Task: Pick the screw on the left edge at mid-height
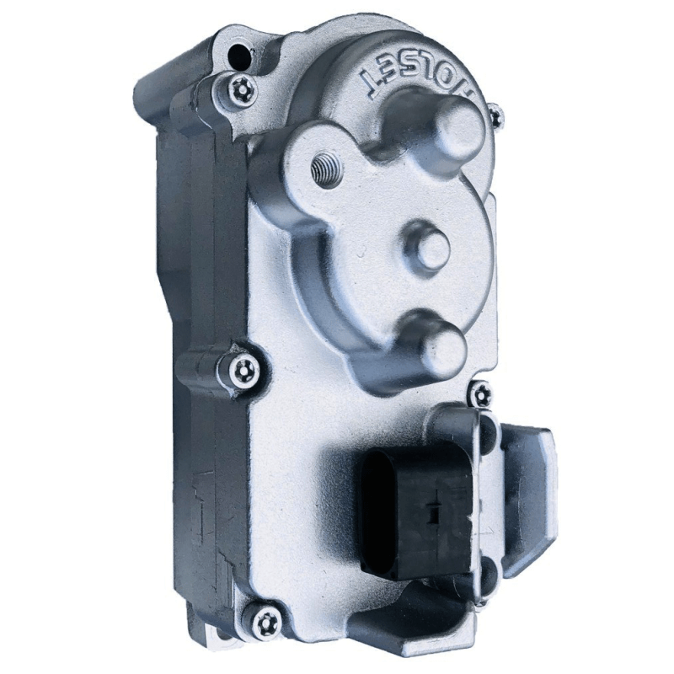tap(241, 366)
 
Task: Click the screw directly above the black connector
tap(481, 392)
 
